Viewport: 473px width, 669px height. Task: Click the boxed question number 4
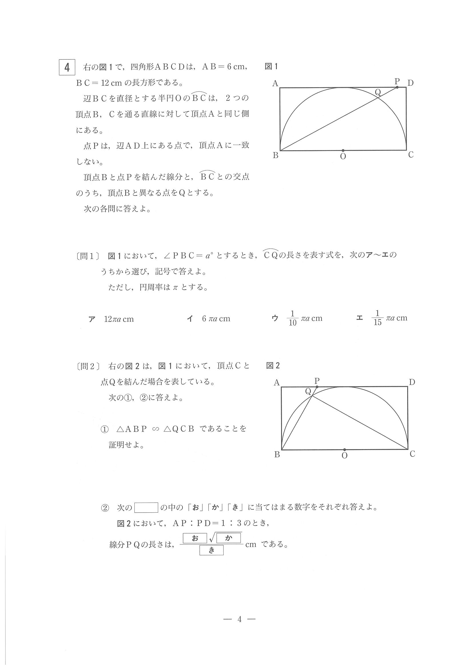tap(67, 67)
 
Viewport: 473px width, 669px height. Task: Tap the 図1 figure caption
tap(271, 66)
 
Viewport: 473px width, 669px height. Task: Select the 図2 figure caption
tap(273, 365)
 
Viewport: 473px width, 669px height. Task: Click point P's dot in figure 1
tap(397, 87)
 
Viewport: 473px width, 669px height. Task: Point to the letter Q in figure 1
tap(378, 92)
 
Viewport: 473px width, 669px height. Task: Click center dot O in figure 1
tap(343, 150)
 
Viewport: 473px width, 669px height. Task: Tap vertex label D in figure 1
tap(410, 83)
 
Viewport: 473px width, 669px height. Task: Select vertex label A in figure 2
tap(277, 383)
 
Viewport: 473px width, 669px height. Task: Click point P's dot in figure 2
tap(317, 387)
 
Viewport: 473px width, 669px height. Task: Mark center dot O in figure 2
tap(345, 450)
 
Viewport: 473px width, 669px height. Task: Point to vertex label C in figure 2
tap(412, 454)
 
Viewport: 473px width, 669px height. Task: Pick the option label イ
tap(190, 319)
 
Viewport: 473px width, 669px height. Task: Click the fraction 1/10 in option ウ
tap(292, 318)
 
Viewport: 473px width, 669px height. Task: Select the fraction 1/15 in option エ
tap(377, 318)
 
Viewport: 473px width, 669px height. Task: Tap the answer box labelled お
tap(195, 538)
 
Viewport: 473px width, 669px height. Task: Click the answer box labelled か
tap(228, 538)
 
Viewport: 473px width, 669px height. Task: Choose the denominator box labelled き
tap(212, 550)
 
